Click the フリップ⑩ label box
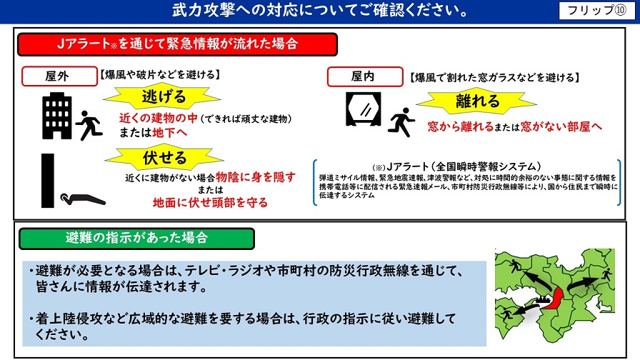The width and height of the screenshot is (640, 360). point(597,10)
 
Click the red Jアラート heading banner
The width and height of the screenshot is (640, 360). point(177,44)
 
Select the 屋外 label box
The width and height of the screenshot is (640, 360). point(59,76)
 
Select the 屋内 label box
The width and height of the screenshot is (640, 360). point(365,76)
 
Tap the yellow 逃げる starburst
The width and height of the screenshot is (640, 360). point(162,97)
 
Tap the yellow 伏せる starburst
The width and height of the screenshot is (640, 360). point(164,158)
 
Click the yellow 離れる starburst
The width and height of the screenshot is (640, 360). point(476,101)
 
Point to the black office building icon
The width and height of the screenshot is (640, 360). point(57,116)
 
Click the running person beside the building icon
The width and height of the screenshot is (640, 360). point(89,125)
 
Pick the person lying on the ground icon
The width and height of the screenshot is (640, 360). point(83,199)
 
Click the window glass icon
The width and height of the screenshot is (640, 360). point(363,109)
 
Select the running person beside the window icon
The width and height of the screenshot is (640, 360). point(401,122)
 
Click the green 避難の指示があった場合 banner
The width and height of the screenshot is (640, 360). point(136,239)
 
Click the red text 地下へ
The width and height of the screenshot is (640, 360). point(169,132)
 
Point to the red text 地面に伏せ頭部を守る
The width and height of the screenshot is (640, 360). point(210,202)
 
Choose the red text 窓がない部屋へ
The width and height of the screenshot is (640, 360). point(561,126)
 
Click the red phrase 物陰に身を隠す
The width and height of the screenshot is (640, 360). point(255,176)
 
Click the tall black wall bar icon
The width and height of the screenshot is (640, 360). point(48,181)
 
